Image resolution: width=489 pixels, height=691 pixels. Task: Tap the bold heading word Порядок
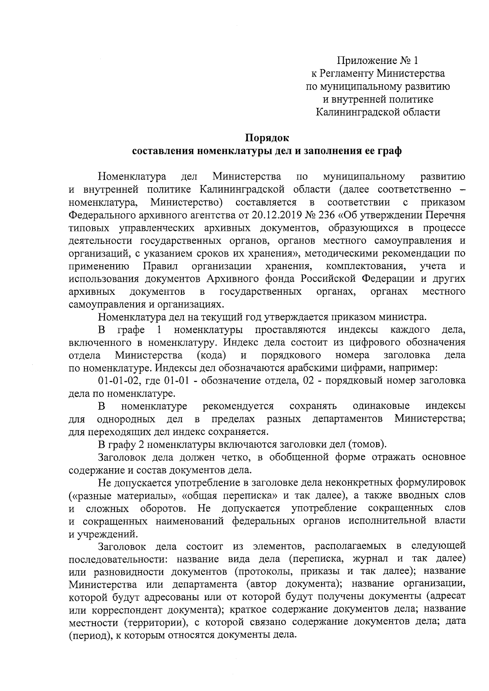[x=267, y=138]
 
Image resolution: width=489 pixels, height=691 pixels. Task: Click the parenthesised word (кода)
[x=211, y=355]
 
